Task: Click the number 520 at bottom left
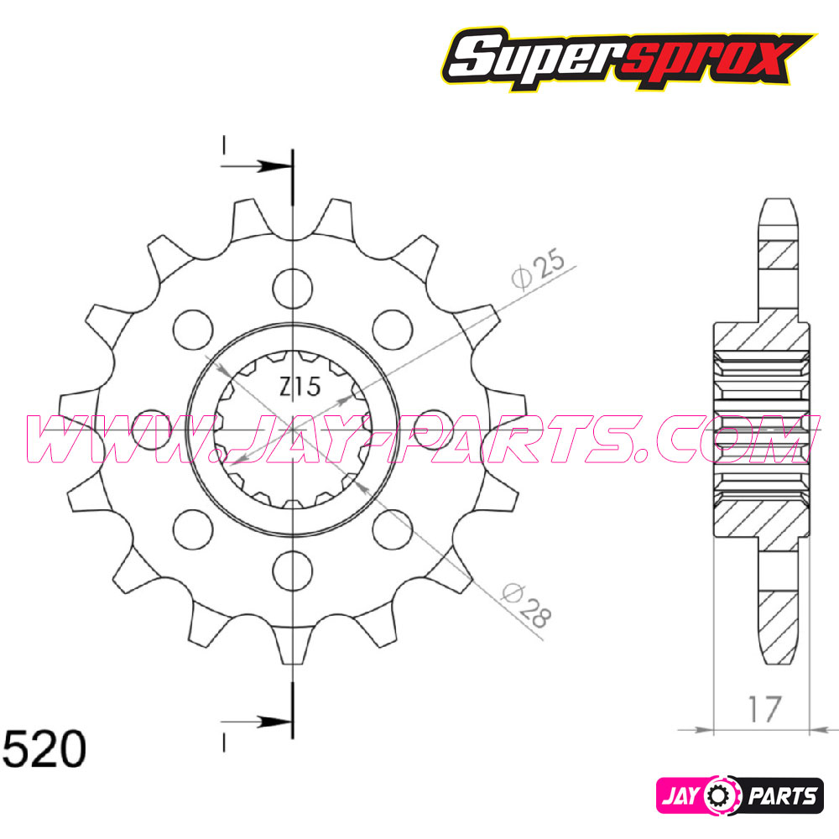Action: [44, 749]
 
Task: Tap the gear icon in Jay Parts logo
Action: [721, 793]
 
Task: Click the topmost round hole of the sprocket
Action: [292, 285]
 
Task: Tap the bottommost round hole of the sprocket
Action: [292, 568]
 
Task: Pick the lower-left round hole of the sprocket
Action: [193, 528]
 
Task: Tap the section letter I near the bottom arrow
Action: [225, 742]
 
